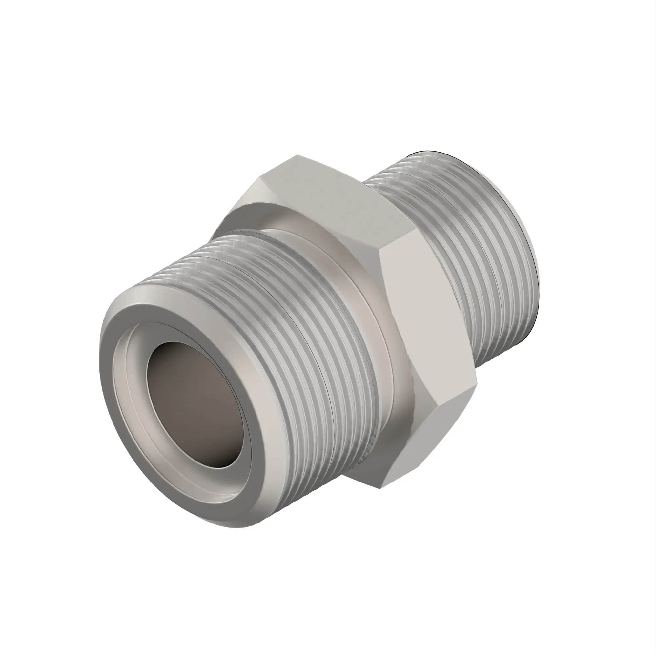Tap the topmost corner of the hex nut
(297, 155)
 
